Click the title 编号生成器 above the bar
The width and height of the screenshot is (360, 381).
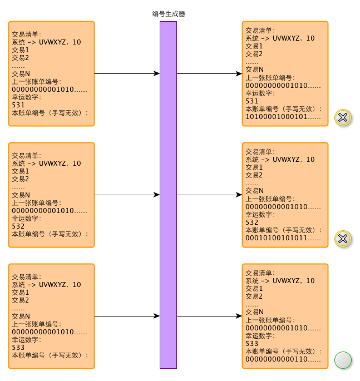point(168,14)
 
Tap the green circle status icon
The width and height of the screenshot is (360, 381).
point(343,360)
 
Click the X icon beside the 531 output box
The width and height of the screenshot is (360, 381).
point(343,117)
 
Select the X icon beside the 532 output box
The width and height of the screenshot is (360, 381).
point(343,239)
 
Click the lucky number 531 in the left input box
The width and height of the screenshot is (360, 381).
point(18,105)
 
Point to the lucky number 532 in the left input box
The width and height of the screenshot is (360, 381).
point(18,226)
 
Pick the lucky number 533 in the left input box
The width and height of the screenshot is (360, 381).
point(18,348)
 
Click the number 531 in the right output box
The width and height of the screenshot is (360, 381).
point(252,101)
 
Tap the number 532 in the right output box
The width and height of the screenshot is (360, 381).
point(252,222)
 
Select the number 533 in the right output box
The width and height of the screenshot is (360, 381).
point(252,344)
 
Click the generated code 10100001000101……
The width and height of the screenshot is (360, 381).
point(283,117)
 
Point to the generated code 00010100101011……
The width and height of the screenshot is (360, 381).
point(283,238)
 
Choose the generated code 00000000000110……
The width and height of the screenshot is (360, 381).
point(283,359)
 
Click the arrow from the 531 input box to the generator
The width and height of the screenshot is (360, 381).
point(127,73)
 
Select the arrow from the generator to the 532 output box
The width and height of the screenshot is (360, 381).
point(209,195)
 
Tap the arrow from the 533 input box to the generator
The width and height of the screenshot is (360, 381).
point(127,316)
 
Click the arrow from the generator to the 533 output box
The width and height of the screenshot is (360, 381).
point(209,316)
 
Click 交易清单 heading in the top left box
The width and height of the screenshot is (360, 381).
point(27,34)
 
